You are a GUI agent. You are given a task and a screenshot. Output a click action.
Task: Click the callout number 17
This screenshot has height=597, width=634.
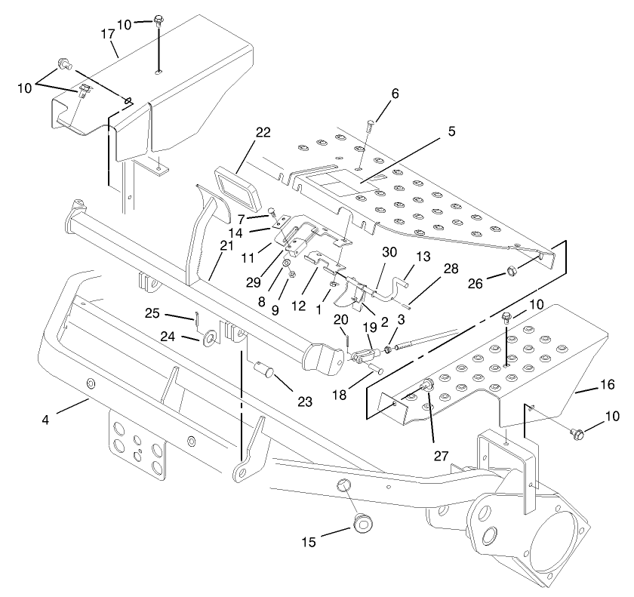tap(109, 34)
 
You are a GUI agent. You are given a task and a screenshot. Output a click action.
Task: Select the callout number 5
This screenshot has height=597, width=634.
tap(451, 131)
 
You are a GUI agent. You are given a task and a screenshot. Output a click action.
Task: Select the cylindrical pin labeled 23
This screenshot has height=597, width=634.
tap(265, 370)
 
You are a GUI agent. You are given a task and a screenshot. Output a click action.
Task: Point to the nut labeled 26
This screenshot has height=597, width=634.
tap(512, 270)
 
